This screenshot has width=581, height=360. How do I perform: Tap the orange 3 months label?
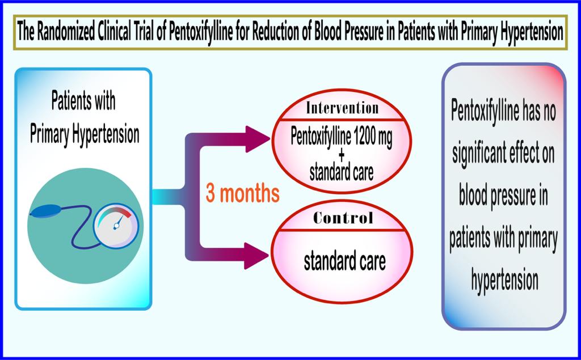click(x=242, y=194)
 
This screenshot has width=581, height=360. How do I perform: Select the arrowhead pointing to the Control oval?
click(x=256, y=257)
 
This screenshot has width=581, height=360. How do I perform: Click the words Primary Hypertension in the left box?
click(x=85, y=134)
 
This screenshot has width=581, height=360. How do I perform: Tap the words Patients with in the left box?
click(x=83, y=102)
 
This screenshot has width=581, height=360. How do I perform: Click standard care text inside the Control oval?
click(x=344, y=261)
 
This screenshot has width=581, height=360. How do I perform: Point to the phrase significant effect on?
click(x=504, y=153)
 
